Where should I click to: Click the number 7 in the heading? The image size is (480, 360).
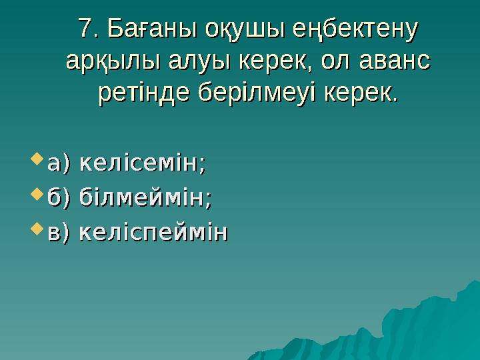pos(84,29)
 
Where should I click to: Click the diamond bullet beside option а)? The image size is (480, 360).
pos(37,160)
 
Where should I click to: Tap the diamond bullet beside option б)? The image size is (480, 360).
pos(37,195)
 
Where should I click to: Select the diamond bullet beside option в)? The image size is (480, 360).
pos(37,231)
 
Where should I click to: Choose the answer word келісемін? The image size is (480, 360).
pos(142,163)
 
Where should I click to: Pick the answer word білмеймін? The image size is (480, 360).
pos(145,198)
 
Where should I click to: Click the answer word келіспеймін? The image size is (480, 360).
pos(153,233)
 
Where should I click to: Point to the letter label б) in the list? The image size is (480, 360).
pos(60,198)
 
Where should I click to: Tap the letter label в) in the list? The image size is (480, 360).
pos(60,233)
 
